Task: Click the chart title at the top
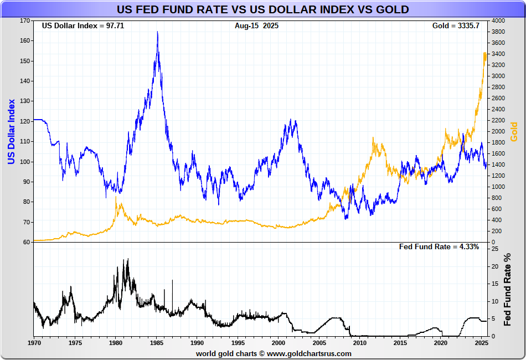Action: coord(262,9)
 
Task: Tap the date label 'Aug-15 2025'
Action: coord(256,26)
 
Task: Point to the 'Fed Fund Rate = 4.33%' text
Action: coord(439,247)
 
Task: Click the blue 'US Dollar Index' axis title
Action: coord(11,131)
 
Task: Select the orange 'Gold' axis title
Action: coord(514,131)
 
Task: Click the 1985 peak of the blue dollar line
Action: coord(158,32)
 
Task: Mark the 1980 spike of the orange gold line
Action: coord(116,197)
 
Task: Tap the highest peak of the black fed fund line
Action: coord(128,259)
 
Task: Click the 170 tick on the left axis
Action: coord(25,20)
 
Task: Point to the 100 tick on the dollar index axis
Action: coord(25,162)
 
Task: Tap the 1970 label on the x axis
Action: coord(34,343)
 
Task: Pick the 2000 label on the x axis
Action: coord(279,343)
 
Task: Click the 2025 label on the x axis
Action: coord(481,343)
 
